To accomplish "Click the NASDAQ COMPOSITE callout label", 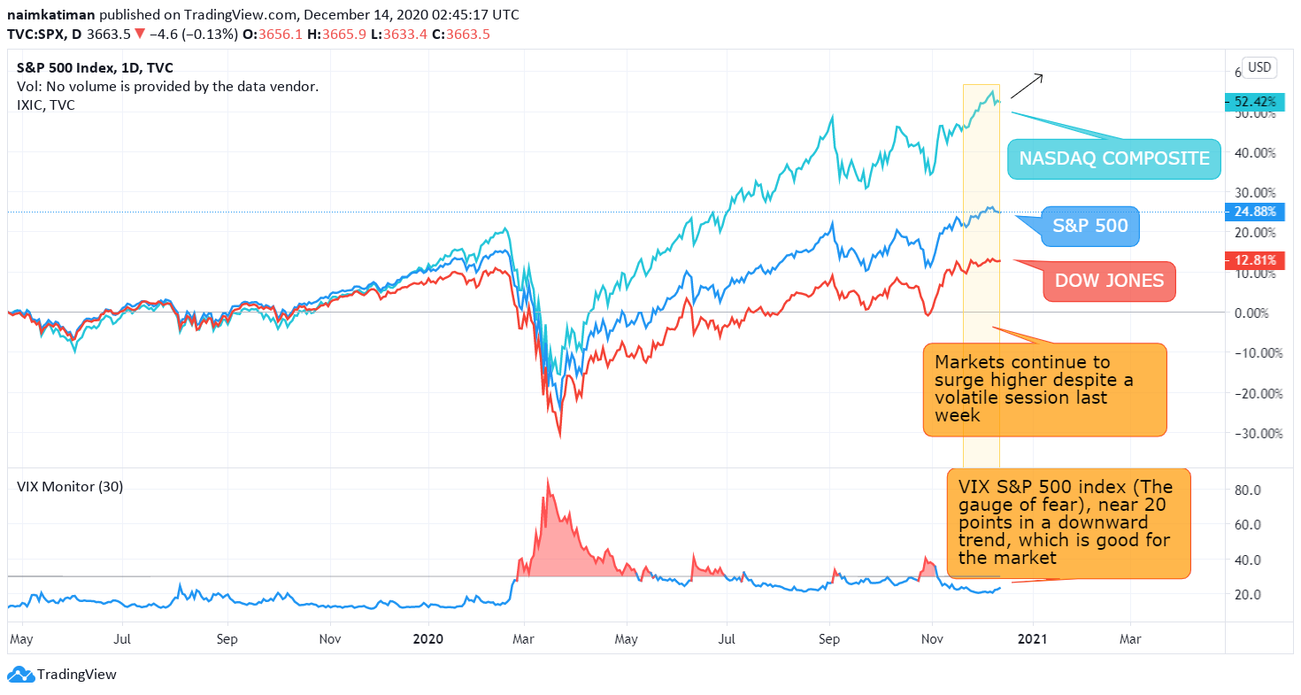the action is pos(1114,158).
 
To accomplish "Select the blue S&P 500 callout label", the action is pos(1090,226).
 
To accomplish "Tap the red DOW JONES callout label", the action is pos(1109,282).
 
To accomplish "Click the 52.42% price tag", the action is pos(1255,102).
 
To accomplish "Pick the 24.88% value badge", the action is pos(1255,212).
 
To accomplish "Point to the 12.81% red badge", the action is pos(1255,260).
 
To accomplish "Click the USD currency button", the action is pos(1259,67).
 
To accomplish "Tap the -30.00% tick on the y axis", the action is pos(1259,434).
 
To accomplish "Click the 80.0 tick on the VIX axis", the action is pos(1248,490).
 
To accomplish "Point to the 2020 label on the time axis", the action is pos(428,639).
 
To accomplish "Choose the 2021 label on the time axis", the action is pos(1033,639).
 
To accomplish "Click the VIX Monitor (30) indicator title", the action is pos(70,486).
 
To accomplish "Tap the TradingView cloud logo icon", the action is pos(21,674).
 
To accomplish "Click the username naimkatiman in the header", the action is pos(51,14).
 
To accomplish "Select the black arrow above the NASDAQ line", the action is pos(1027,86).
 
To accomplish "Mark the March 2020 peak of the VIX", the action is pos(547,479).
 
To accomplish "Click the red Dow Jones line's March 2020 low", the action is pos(560,436).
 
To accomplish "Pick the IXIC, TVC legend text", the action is pos(46,105).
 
